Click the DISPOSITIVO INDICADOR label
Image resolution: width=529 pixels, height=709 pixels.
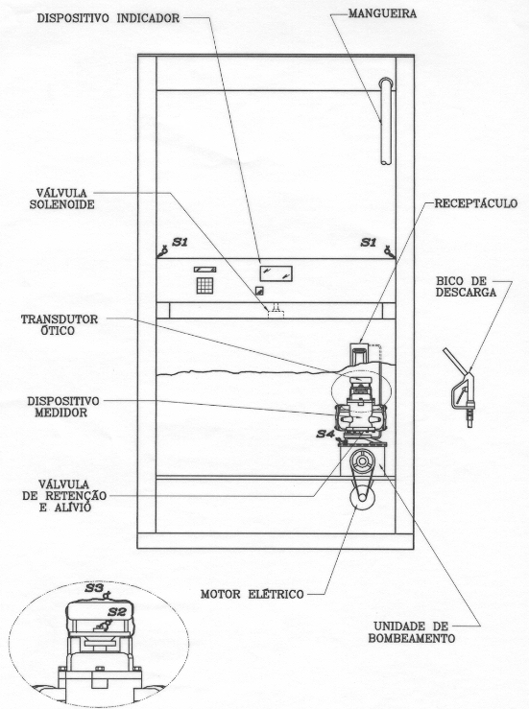pos(108,18)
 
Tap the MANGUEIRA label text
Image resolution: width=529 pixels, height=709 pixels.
pos(382,13)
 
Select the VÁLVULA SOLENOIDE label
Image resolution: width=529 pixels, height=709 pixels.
pos(62,199)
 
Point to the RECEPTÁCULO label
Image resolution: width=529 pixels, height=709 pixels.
pos(475,203)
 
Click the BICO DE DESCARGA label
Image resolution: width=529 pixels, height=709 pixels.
pos(466,287)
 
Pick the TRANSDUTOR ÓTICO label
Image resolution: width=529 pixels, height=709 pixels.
pos(60,324)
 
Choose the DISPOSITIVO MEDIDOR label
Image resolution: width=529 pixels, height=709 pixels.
pos(63,407)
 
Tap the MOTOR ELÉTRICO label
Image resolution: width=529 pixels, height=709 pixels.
pos(252,594)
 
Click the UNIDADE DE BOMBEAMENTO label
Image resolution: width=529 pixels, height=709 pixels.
pos(411,632)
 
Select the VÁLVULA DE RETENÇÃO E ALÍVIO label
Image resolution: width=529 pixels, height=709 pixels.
pos(64,496)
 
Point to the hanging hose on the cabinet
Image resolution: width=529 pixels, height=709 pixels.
pos(386,121)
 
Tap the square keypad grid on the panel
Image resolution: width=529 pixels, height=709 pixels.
pos(205,285)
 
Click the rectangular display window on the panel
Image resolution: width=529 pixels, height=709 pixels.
pos(276,273)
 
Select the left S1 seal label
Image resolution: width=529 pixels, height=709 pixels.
pos(180,243)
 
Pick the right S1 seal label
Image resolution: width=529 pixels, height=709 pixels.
pos(369,243)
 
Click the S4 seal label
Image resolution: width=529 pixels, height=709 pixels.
pos(325,434)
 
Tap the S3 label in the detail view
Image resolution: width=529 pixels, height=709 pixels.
pos(94,588)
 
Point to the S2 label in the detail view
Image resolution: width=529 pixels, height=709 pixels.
pos(117,612)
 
